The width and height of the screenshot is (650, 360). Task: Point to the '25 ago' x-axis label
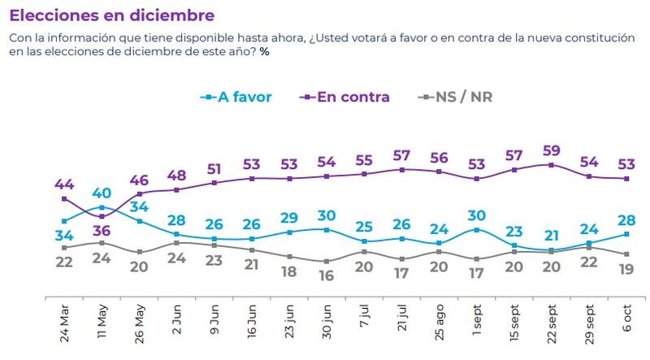click(x=440, y=320)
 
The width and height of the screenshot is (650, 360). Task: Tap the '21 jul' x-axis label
click(x=402, y=322)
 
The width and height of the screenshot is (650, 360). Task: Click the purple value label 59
click(x=551, y=150)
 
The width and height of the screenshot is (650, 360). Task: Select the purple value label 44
click(x=64, y=183)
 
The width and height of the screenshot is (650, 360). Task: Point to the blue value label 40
click(x=101, y=193)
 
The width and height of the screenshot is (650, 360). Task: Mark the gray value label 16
click(x=327, y=275)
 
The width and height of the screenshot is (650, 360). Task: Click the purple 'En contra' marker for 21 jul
click(x=402, y=169)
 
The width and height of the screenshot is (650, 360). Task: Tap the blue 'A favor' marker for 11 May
click(x=102, y=207)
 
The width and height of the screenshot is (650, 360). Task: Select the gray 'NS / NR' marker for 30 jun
click(x=327, y=261)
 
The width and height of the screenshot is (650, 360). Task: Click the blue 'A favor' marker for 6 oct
click(x=626, y=233)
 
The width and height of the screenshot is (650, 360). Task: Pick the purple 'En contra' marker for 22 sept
click(x=551, y=164)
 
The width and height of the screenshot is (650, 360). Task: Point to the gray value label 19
click(x=626, y=269)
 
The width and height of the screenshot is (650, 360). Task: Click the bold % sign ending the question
click(x=265, y=52)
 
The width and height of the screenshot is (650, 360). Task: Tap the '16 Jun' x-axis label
click(x=252, y=320)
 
